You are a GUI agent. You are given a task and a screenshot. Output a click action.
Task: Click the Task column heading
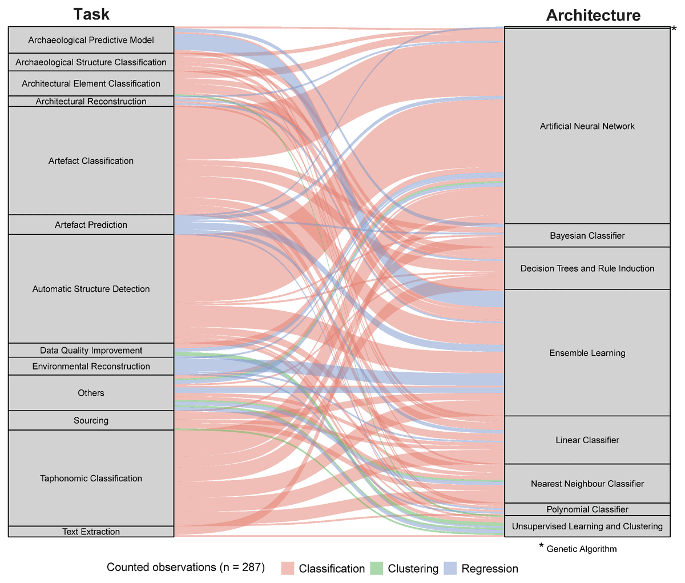point(91,14)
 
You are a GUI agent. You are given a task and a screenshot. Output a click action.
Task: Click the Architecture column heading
point(593,15)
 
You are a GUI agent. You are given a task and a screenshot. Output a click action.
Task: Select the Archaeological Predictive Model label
point(91,40)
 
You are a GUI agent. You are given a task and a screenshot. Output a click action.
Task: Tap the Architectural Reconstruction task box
point(91,101)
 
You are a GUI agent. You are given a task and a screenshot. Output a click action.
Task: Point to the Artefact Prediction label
point(91,225)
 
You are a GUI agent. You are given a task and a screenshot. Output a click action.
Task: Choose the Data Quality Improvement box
point(91,351)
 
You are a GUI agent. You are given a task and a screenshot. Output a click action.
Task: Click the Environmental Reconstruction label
point(91,366)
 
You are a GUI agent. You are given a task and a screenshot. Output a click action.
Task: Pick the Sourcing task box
point(91,420)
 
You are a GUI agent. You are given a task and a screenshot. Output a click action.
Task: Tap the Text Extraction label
point(91,532)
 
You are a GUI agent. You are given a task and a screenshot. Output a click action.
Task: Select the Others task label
point(91,393)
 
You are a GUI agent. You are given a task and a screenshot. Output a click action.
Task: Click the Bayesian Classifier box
point(587,235)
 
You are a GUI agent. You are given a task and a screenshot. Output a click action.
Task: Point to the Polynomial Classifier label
point(587,509)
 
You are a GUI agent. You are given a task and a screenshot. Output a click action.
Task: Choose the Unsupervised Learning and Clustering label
point(587,526)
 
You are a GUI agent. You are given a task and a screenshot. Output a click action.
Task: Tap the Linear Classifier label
point(587,440)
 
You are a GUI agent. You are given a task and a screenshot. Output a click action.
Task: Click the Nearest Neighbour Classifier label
point(587,484)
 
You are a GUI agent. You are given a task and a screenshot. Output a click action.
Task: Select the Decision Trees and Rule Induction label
point(587,268)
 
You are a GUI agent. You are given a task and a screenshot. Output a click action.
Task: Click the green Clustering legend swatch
point(376,568)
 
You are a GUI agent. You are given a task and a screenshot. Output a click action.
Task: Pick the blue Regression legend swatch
point(450,568)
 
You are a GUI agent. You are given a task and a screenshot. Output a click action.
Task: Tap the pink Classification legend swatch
point(287,568)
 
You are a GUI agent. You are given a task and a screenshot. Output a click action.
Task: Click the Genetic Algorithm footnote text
point(582,549)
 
